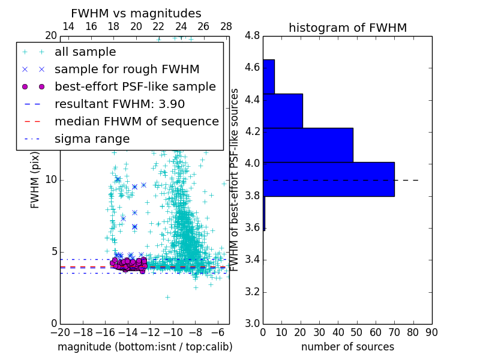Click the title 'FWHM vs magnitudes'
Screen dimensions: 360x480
(136, 13)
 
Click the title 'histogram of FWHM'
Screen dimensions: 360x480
(347, 28)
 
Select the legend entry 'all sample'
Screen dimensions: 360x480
(85, 52)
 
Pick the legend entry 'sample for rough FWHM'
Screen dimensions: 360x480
(127, 69)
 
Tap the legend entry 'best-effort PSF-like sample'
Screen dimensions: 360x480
(135, 86)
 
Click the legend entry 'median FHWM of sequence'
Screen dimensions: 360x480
(136, 121)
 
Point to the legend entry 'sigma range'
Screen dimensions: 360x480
(92, 139)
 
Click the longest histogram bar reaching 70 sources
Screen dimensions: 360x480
(329, 179)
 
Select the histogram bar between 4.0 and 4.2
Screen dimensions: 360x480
(308, 145)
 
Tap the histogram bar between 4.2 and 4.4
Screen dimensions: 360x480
(283, 110)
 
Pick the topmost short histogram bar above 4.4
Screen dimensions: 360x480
(269, 76)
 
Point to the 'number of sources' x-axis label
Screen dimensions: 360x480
(347, 347)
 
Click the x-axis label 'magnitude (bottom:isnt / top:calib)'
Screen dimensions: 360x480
(145, 347)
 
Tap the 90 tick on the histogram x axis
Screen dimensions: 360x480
(431, 332)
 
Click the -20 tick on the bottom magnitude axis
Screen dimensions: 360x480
(60, 332)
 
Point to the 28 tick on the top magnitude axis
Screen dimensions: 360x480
(226, 26)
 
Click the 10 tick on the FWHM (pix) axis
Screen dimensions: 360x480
(51, 180)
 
